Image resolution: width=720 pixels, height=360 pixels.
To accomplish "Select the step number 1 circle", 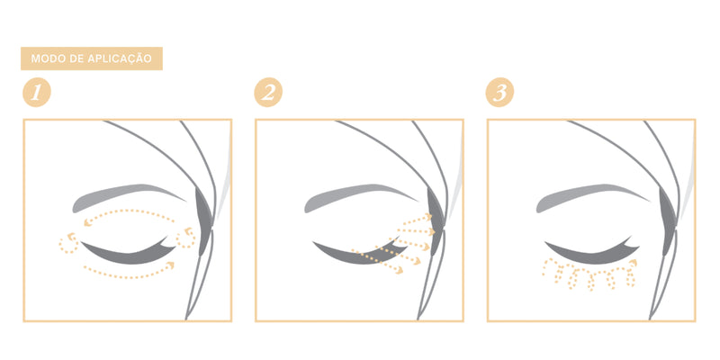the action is click(37, 93).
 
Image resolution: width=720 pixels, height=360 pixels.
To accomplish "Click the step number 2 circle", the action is click(268, 93).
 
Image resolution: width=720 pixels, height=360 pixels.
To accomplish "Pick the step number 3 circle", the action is click(499, 93).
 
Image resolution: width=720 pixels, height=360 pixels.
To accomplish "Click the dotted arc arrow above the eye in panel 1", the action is click(130, 211).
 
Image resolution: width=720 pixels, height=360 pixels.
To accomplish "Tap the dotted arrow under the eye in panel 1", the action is click(130, 276).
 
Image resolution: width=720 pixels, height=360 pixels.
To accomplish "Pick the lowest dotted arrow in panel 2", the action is click(377, 261).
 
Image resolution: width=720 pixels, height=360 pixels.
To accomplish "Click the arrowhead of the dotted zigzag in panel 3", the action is click(634, 262).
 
